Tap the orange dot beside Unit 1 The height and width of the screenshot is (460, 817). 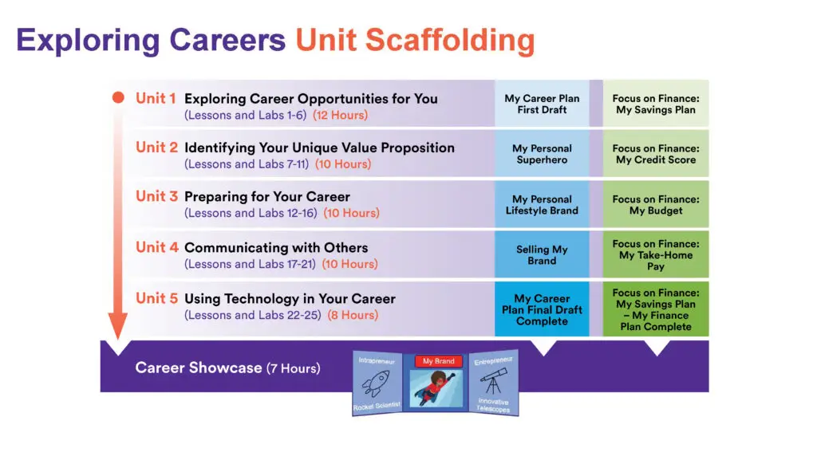point(118,97)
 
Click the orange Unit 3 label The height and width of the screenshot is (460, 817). point(156,196)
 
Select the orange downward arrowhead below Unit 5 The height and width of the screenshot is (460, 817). point(118,326)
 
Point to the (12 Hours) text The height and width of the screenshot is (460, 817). point(340,115)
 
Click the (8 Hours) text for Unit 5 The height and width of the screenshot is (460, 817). point(353,315)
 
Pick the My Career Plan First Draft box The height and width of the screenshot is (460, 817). point(542,103)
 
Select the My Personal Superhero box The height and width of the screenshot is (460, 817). point(542,154)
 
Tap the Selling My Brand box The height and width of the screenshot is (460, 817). point(542,254)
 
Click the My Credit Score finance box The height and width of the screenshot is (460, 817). point(656,154)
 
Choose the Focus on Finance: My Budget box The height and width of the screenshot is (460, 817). point(656,204)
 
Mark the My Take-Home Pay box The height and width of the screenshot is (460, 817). point(656,254)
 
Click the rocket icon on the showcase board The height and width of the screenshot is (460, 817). point(376,384)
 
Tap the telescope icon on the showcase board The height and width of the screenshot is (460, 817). point(493,382)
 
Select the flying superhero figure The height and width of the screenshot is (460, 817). point(436,387)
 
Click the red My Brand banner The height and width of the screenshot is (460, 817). point(438,361)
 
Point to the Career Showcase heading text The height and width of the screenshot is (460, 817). point(227,368)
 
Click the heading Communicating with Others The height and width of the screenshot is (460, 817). point(276,248)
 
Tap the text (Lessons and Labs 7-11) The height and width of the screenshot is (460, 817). point(247,164)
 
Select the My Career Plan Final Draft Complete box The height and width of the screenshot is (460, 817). point(542,309)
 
